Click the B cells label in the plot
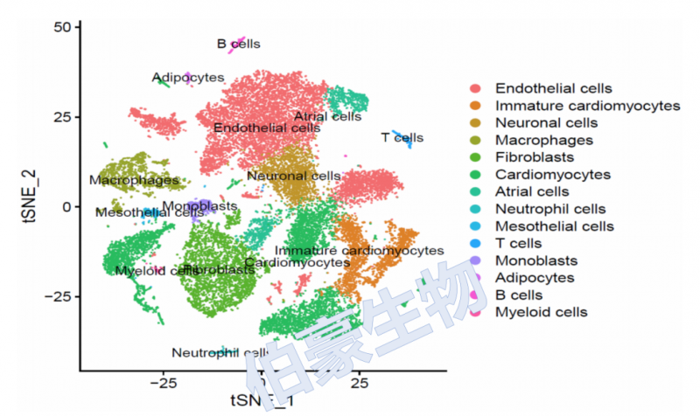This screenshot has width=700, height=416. (238, 44)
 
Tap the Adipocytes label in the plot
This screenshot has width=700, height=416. (188, 78)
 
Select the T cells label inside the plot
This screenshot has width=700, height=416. (402, 137)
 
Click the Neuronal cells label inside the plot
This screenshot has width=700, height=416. (293, 177)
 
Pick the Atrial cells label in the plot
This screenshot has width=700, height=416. (327, 116)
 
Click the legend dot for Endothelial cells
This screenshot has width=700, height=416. (475, 88)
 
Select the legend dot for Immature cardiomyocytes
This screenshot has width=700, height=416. (475, 106)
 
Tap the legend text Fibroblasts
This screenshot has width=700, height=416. (534, 157)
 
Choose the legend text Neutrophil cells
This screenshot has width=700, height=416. (549, 209)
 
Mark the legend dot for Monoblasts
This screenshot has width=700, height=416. (475, 260)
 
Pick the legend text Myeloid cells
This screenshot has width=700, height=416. (541, 312)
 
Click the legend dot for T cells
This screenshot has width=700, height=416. (475, 243)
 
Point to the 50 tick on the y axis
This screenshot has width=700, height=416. (59, 28)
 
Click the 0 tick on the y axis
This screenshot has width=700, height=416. (64, 206)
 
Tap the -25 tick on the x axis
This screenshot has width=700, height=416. (163, 383)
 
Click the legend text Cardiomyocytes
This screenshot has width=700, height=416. (552, 175)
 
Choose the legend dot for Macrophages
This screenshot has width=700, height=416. (475, 140)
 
